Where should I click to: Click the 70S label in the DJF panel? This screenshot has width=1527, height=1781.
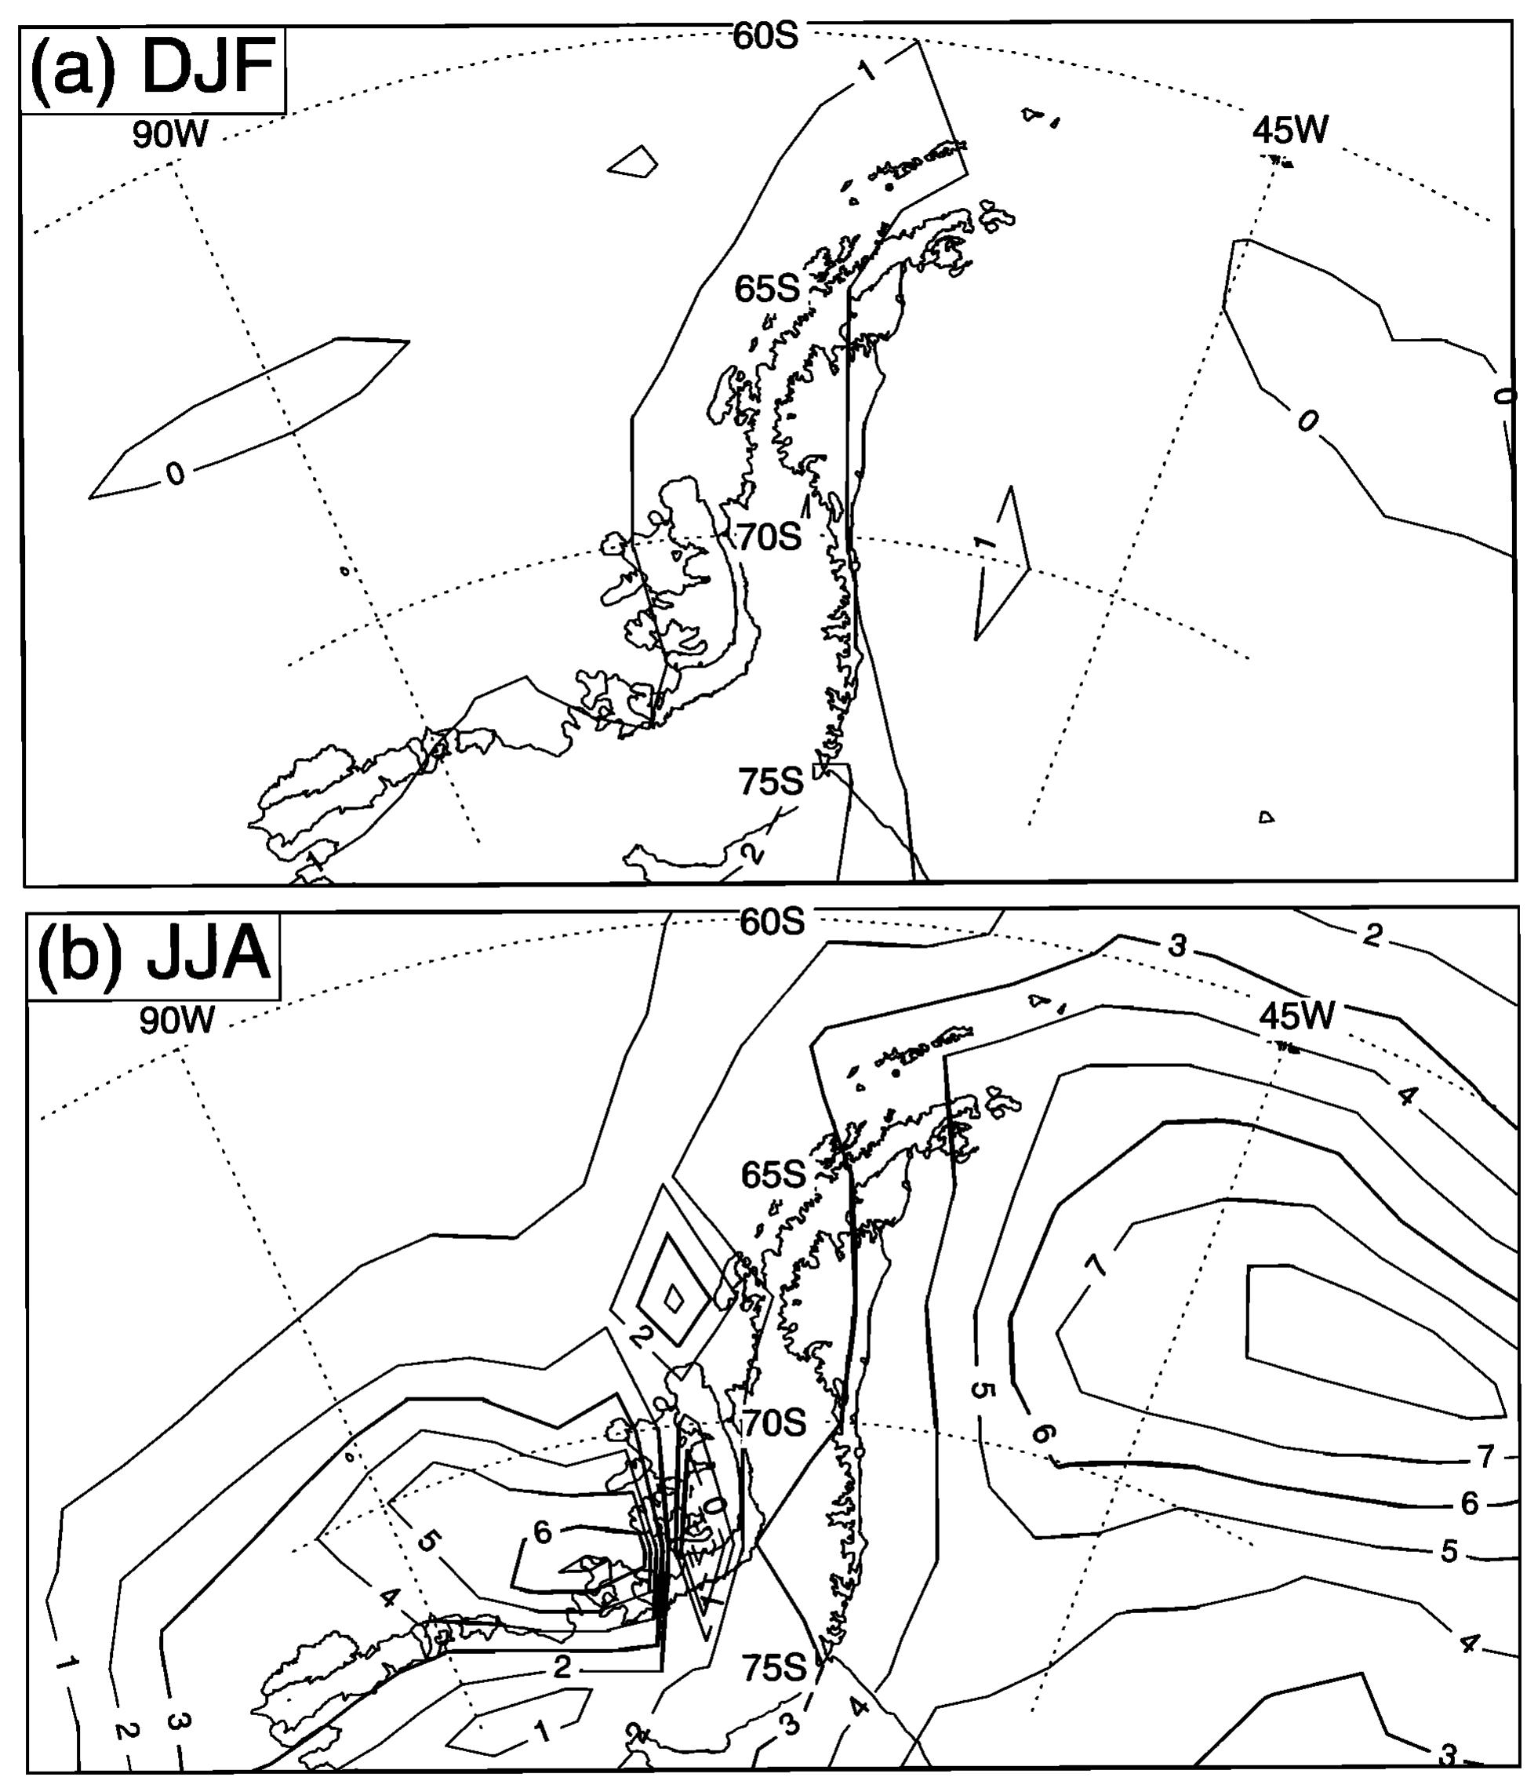point(769,537)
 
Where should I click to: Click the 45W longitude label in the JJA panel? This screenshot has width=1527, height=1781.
point(1296,1016)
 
